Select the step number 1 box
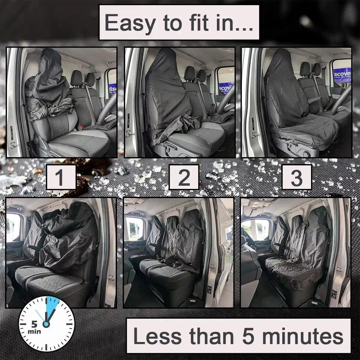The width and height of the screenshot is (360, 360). coord(61,177)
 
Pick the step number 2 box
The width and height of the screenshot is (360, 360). coord(184,177)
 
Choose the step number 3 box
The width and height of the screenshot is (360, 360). coord(297,177)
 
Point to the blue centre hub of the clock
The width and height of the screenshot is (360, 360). coord(46,325)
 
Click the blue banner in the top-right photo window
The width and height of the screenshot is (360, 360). coord(342,75)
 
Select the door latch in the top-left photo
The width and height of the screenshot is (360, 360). coord(13,145)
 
